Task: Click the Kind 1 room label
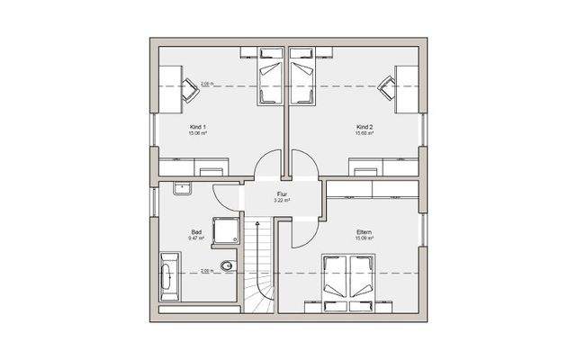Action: click(198, 127)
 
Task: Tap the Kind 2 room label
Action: click(365, 127)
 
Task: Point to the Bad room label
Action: click(195, 232)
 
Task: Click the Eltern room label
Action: click(364, 232)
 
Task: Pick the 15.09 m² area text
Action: click(364, 239)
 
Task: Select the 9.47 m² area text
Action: click(196, 239)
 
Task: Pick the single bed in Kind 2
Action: click(302, 84)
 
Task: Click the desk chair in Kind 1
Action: click(191, 87)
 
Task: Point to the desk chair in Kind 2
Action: click(386, 87)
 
